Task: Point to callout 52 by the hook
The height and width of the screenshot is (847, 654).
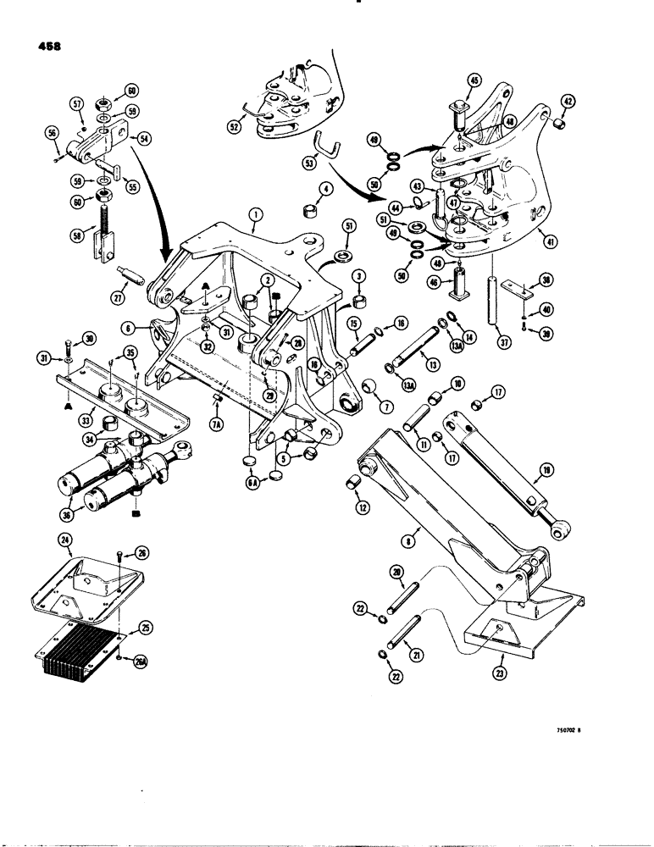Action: click(x=232, y=127)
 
